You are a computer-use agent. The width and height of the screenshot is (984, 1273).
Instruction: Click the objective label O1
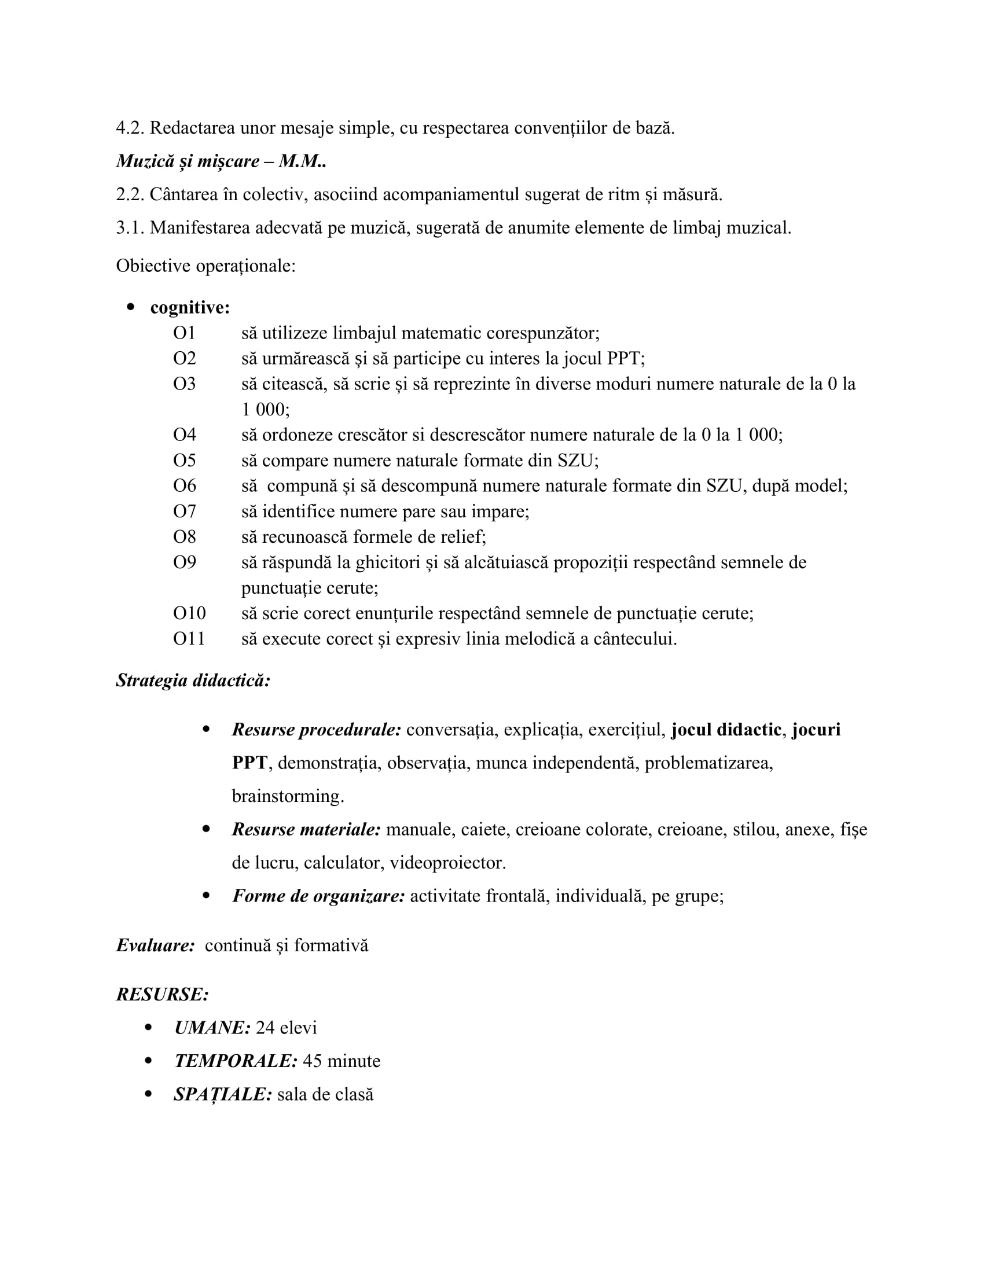[184, 333]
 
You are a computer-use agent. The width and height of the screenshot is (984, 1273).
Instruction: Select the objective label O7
[184, 511]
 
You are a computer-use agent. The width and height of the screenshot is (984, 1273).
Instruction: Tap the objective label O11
[189, 639]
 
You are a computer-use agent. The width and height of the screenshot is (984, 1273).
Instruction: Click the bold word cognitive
[189, 307]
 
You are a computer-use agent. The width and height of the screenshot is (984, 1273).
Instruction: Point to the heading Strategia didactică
[193, 680]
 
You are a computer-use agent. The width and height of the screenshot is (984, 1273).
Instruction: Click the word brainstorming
[288, 796]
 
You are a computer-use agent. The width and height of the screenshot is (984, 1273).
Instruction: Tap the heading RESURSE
[162, 994]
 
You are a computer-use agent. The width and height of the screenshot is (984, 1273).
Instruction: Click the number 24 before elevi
[265, 1028]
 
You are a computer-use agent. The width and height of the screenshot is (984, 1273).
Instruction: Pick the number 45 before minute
[313, 1061]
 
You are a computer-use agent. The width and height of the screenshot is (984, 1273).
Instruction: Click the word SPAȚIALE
[223, 1095]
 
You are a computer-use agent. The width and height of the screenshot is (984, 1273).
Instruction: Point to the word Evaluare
[155, 945]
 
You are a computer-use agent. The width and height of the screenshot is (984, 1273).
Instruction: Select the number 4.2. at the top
[130, 128]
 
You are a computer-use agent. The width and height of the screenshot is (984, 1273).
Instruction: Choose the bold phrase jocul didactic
[726, 730]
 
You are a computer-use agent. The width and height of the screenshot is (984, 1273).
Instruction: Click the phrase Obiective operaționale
[206, 266]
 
